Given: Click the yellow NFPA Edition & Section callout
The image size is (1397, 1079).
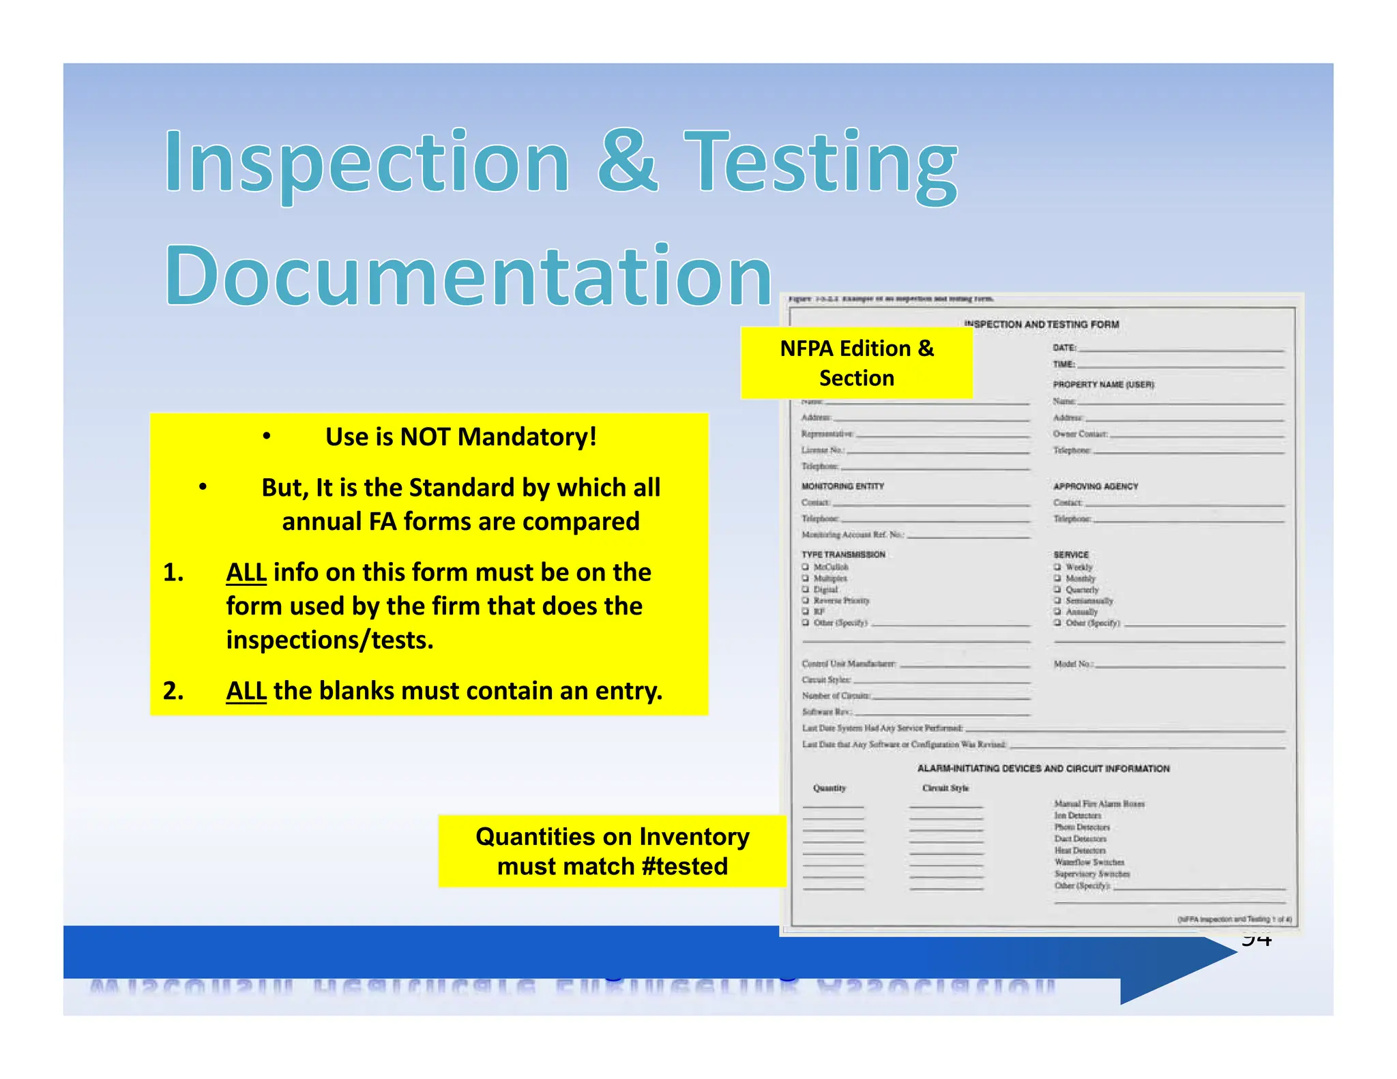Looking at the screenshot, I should point(856,363).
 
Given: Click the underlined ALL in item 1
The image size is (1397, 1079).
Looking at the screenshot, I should point(246,572).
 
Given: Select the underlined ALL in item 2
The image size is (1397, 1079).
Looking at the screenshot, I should point(246,691).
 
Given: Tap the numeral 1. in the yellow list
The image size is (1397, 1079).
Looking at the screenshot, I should point(173,572).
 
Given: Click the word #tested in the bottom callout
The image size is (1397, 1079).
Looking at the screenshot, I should point(684,866).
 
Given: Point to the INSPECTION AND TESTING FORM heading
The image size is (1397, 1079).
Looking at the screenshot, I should point(1041,325).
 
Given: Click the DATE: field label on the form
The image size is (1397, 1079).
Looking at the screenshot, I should point(1063,348).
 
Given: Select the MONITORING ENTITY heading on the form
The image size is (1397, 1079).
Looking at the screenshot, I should point(842,486).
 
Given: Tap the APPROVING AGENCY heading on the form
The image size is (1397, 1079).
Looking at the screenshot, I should point(1095,486).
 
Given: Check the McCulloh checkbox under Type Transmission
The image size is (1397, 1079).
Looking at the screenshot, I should point(806,567).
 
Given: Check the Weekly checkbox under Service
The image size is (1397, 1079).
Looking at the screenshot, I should point(1057,567).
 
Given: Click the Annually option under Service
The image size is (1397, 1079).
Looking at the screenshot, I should point(1082,612).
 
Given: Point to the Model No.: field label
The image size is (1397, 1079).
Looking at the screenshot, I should point(1073,664).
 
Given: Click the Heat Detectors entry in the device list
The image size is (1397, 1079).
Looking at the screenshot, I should point(1080,851).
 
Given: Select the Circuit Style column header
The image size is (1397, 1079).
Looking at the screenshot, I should point(945,788).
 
